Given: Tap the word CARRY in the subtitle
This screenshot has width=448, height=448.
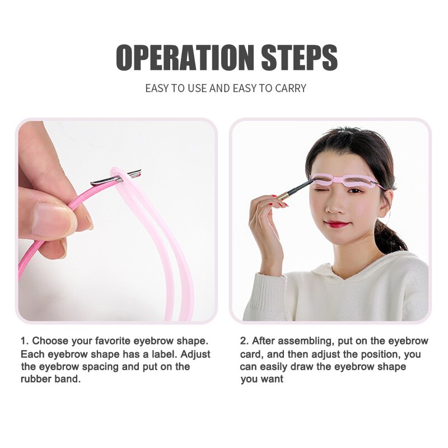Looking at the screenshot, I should (290, 88).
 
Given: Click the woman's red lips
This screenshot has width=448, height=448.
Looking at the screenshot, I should (337, 223).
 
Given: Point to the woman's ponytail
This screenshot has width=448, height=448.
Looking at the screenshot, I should (389, 236).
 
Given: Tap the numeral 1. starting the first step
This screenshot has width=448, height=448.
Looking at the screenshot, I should (25, 340).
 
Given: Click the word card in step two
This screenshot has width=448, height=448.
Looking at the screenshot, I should (251, 354).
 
